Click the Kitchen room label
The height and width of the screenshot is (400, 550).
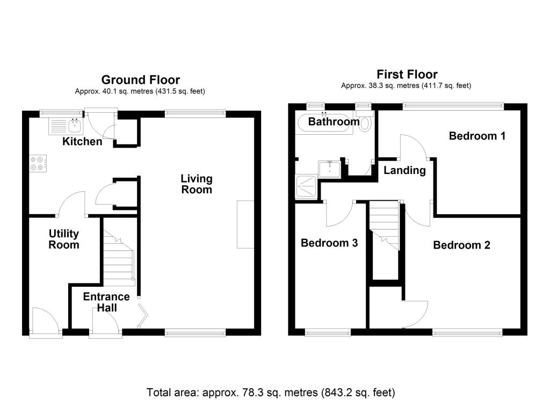point(82,142)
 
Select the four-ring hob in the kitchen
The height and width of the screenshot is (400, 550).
point(38,163)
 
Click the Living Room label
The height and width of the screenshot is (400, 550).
point(196,184)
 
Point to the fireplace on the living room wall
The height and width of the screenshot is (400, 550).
point(245,224)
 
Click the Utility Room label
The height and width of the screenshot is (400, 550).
point(64,239)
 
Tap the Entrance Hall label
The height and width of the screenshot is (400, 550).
point(106,302)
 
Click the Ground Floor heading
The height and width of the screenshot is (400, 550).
point(140,80)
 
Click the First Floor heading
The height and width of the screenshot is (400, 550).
point(407,75)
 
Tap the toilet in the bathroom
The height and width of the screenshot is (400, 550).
point(366,123)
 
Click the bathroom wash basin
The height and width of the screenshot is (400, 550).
point(328,170)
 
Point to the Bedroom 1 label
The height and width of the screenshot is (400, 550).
point(477,136)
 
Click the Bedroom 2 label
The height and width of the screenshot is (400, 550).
point(461,245)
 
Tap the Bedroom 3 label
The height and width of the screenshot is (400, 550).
point(329,243)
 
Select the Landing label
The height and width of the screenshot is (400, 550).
point(404,171)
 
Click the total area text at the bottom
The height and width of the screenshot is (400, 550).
point(271,392)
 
